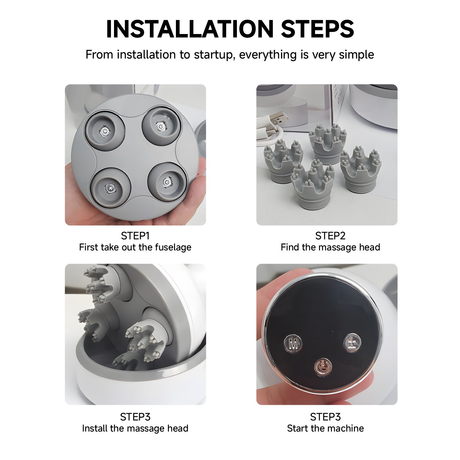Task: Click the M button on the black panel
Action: [x=293, y=344]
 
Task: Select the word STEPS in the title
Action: [x=317, y=29]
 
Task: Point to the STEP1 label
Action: [x=135, y=236]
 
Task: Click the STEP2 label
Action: [x=330, y=236]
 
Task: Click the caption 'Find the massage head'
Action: [x=330, y=247]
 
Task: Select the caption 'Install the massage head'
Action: [x=135, y=428]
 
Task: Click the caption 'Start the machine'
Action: [x=325, y=428]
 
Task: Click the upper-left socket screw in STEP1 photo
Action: [x=105, y=131]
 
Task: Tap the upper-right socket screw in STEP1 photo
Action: [x=160, y=126]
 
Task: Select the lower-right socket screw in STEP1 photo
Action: [x=166, y=182]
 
